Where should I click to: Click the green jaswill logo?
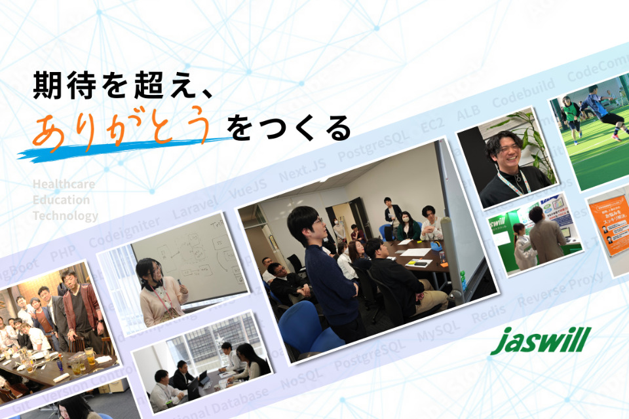[541, 340]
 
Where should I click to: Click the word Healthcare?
[64, 184]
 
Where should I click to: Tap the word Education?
[61, 200]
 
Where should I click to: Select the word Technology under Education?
[66, 215]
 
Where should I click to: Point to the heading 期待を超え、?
[125, 86]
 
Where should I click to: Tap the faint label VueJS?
[248, 189]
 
